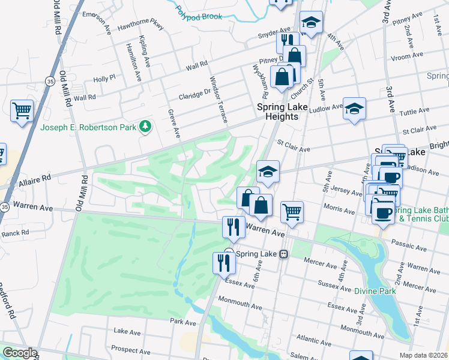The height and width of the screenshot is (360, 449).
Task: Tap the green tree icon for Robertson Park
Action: click(x=145, y=127)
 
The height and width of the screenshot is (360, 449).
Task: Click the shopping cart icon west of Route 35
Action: click(x=22, y=110)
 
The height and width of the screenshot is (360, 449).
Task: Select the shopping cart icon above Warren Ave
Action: click(x=292, y=211)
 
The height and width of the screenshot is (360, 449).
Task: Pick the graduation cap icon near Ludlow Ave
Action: click(x=354, y=108)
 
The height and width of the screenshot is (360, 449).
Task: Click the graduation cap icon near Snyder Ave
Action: click(x=310, y=23)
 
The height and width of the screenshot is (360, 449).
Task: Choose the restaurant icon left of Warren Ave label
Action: click(x=232, y=226)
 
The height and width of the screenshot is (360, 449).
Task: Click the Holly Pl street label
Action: click(x=104, y=78)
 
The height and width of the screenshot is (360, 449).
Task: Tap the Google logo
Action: click(x=19, y=353)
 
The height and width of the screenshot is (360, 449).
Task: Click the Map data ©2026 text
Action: click(x=424, y=355)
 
